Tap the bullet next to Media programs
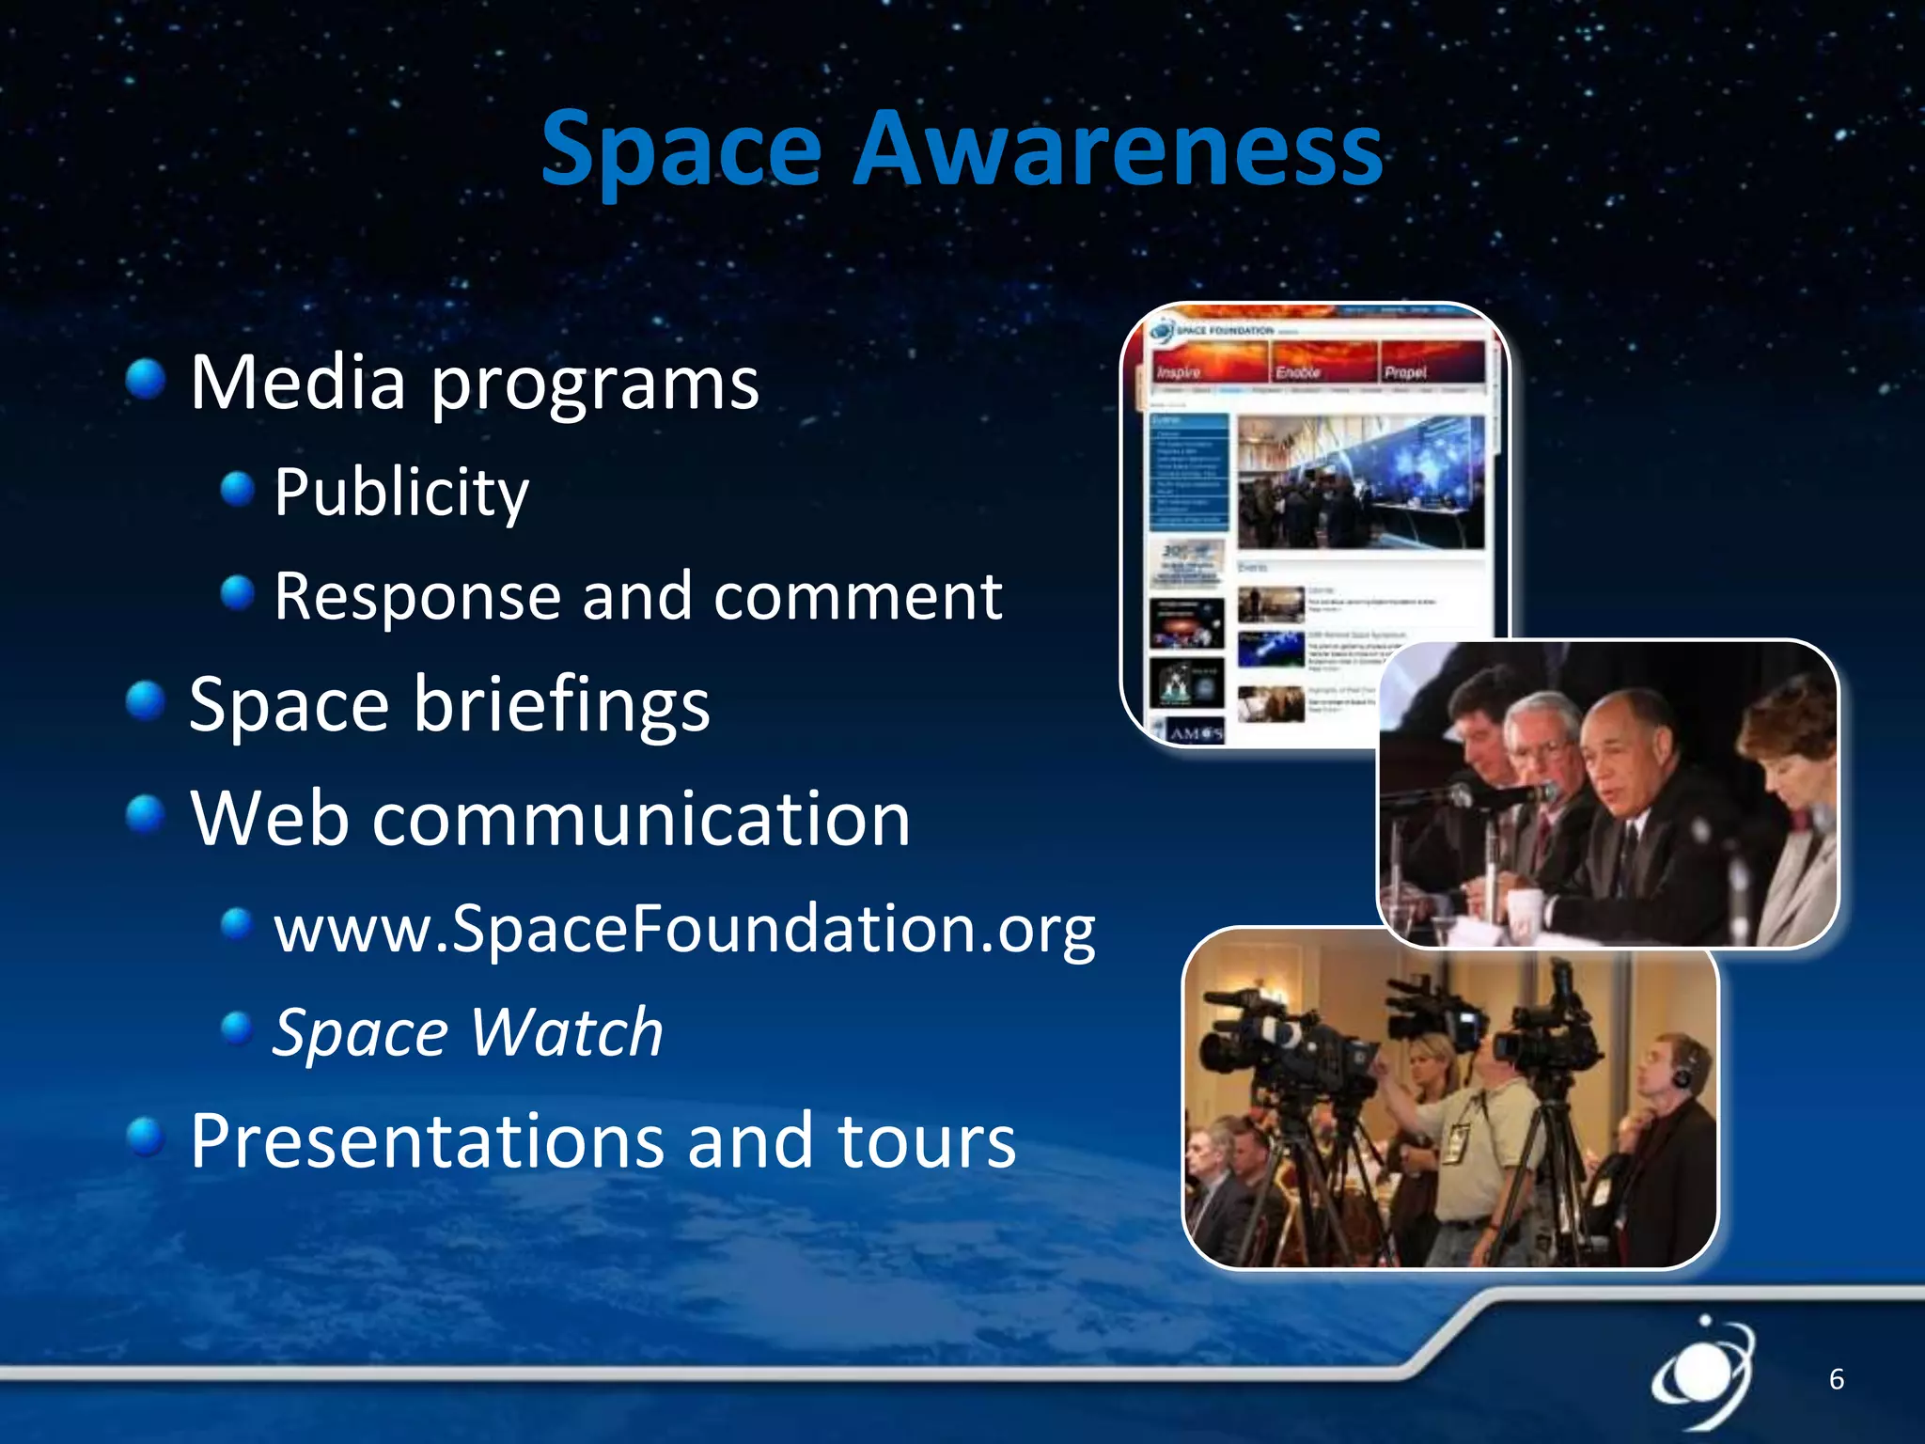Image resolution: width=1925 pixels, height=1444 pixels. [146, 380]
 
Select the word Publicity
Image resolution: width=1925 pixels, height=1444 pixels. [401, 492]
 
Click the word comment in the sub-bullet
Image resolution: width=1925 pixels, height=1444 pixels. [857, 596]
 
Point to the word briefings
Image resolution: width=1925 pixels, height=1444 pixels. [561, 704]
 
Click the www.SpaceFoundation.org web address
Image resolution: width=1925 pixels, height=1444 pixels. [684, 929]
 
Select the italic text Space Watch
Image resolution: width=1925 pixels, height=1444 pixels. [468, 1032]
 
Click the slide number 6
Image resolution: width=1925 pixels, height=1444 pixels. [1836, 1379]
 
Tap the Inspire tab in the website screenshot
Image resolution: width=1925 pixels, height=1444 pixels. [1179, 371]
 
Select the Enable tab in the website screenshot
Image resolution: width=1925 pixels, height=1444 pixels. [1297, 371]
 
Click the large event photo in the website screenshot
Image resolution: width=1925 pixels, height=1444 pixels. [1360, 482]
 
